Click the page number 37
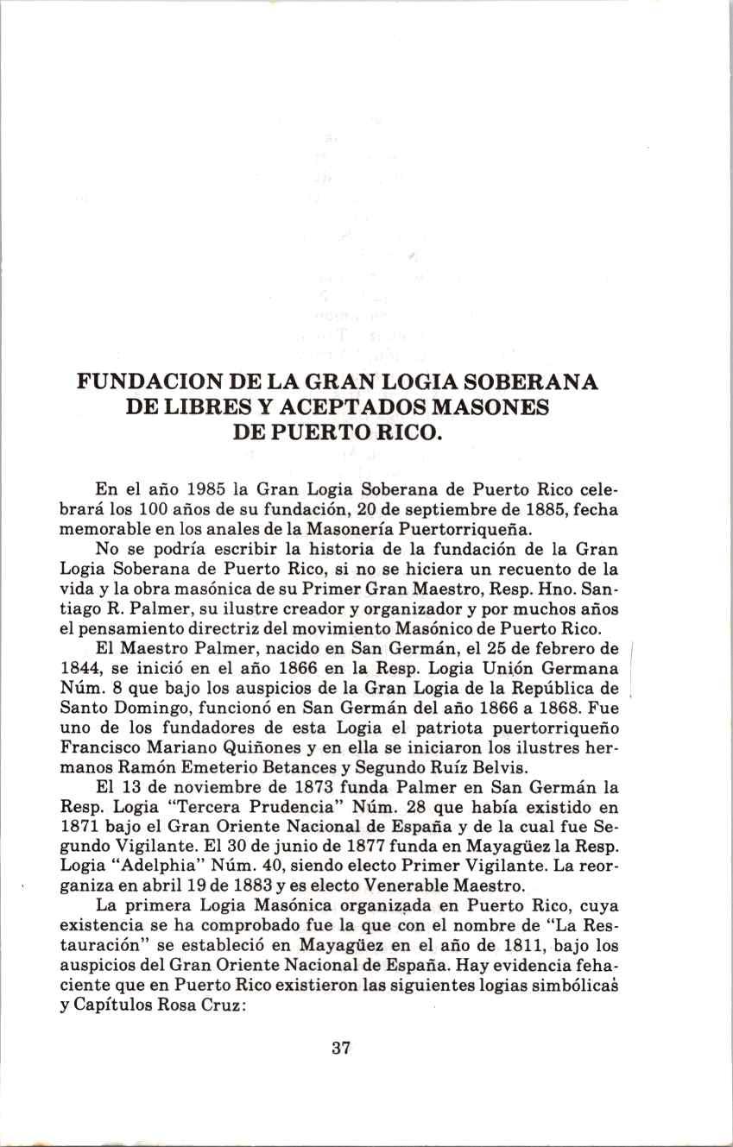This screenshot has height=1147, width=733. pos(340,1049)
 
